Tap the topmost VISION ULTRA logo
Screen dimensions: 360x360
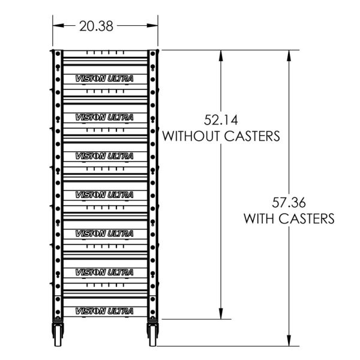click(104, 78)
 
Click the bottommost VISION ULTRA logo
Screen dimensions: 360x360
click(104, 311)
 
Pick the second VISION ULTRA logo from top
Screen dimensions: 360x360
click(104, 116)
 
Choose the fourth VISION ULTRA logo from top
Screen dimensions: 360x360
click(104, 194)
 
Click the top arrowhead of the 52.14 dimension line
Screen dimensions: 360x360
click(221, 55)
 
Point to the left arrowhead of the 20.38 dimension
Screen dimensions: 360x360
click(56, 25)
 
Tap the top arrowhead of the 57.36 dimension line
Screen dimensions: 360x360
click(289, 55)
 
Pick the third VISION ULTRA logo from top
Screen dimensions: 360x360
click(104, 155)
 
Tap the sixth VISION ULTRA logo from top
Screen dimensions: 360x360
click(104, 272)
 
